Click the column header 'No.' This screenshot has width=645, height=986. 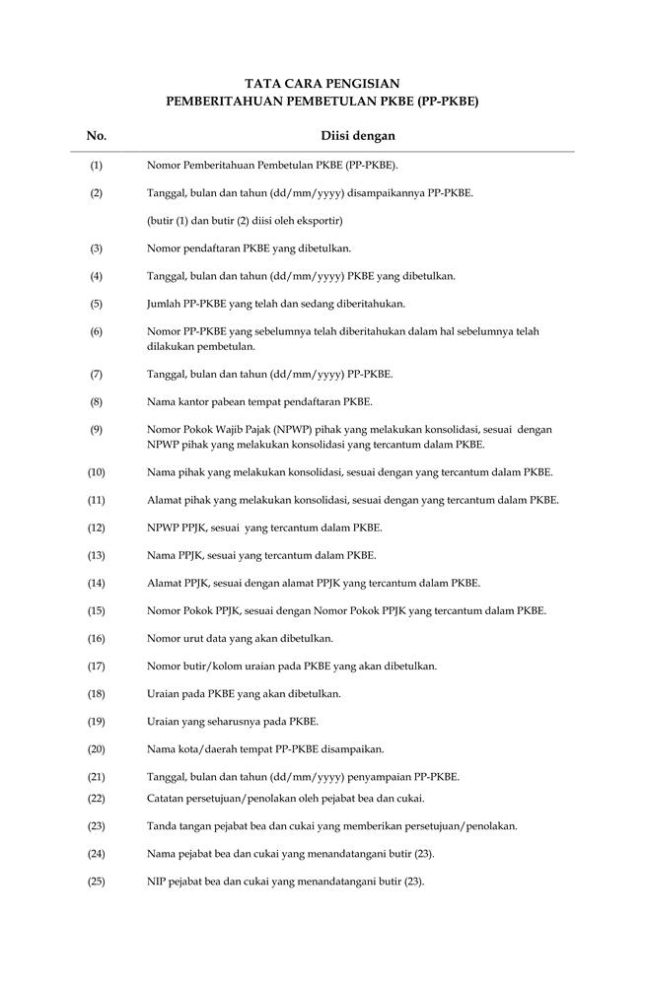point(97,136)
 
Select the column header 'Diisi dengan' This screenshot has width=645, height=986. point(358,136)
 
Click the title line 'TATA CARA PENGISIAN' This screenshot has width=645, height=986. point(322,84)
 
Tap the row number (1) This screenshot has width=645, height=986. point(96,165)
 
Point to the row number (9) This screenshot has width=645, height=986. point(96,429)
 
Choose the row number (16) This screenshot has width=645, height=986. point(96,638)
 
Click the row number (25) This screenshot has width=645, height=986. point(96,880)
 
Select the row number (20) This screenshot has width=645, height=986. point(96,748)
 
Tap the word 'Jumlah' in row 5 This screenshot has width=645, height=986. point(165,304)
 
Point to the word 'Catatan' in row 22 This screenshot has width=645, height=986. point(166,798)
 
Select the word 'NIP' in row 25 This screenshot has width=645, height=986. point(156,880)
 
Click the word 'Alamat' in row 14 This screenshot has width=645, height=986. point(164,583)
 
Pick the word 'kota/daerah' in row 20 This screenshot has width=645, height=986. point(202,748)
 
